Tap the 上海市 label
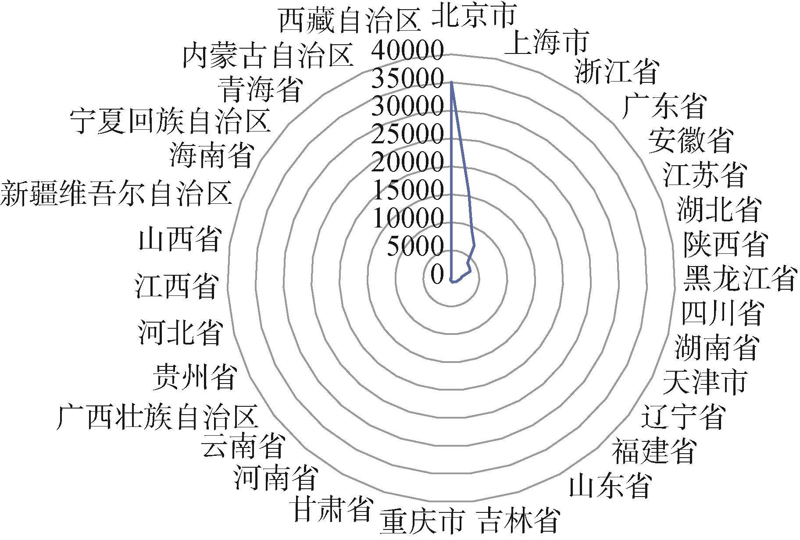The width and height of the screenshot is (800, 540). [x=546, y=43]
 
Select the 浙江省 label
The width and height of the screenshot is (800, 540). [x=617, y=71]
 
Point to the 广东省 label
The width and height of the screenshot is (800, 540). [x=664, y=107]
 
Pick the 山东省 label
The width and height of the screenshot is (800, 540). [x=610, y=485]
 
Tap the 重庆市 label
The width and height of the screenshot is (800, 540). [x=422, y=522]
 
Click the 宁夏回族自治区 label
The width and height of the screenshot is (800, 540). [x=170, y=121]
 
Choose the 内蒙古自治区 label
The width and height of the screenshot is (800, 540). [x=268, y=55]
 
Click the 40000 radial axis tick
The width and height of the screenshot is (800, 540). [x=407, y=51]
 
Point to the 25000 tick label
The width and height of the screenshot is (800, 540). [x=407, y=135]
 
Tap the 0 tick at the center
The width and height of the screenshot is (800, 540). [x=437, y=275]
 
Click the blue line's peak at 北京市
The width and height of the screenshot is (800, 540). [x=452, y=82]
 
